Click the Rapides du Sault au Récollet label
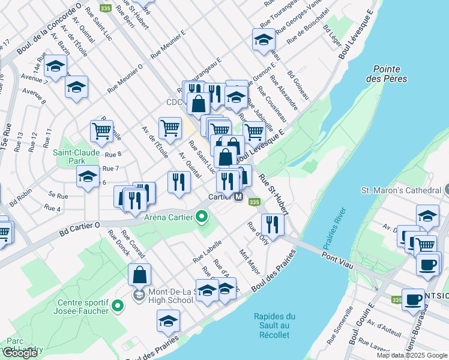[274, 325]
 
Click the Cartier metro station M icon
[238, 197]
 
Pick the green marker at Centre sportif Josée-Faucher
[118, 306]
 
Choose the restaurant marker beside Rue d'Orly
[273, 224]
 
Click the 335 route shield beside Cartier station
[254, 202]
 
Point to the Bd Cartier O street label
[82, 229]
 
